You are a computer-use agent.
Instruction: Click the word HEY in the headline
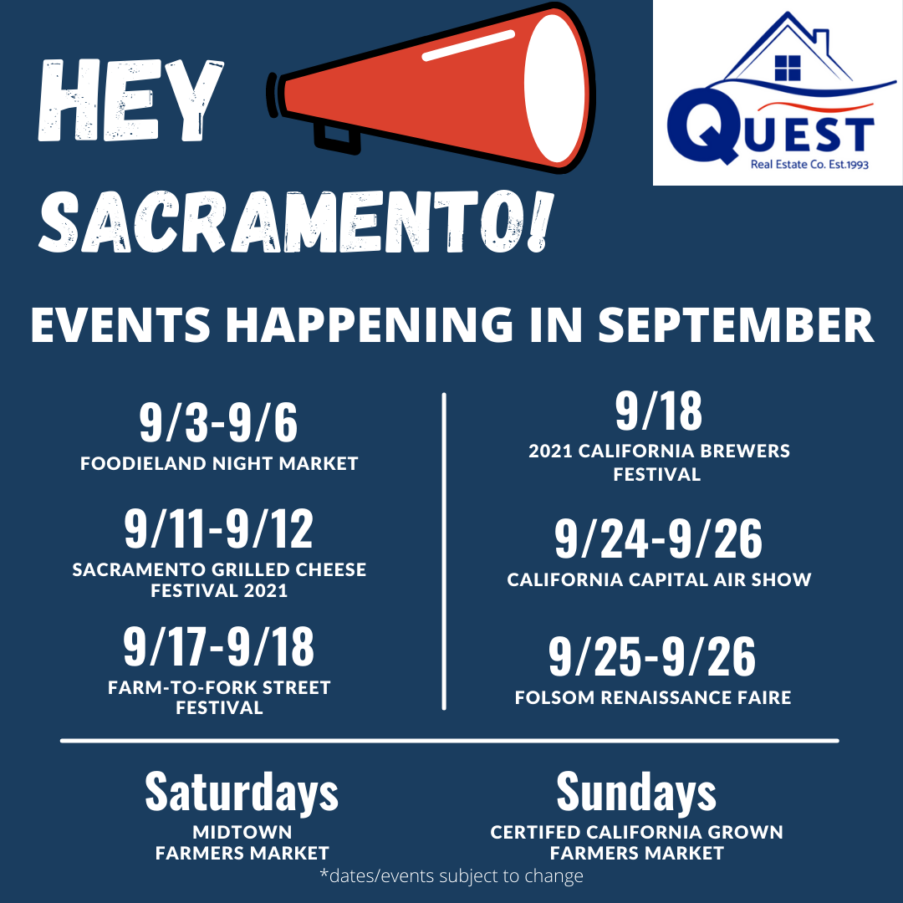click(130, 100)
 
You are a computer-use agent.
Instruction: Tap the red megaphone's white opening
click(555, 88)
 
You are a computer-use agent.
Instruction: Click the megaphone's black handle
click(336, 139)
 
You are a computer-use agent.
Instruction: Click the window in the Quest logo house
click(788, 68)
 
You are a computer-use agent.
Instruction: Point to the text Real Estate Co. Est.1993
click(809, 165)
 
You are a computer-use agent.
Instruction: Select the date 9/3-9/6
click(218, 423)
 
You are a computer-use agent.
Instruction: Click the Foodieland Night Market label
click(219, 463)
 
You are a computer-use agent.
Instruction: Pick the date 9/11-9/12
click(219, 528)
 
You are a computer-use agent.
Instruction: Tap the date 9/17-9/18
click(219, 646)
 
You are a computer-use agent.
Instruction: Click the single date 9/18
click(659, 411)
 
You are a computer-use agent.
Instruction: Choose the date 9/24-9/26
click(658, 538)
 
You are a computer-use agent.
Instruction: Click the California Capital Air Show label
click(659, 579)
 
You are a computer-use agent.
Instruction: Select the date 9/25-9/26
click(652, 656)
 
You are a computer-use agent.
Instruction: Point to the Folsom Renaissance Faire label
click(653, 697)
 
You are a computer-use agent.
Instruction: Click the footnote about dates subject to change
click(451, 876)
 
